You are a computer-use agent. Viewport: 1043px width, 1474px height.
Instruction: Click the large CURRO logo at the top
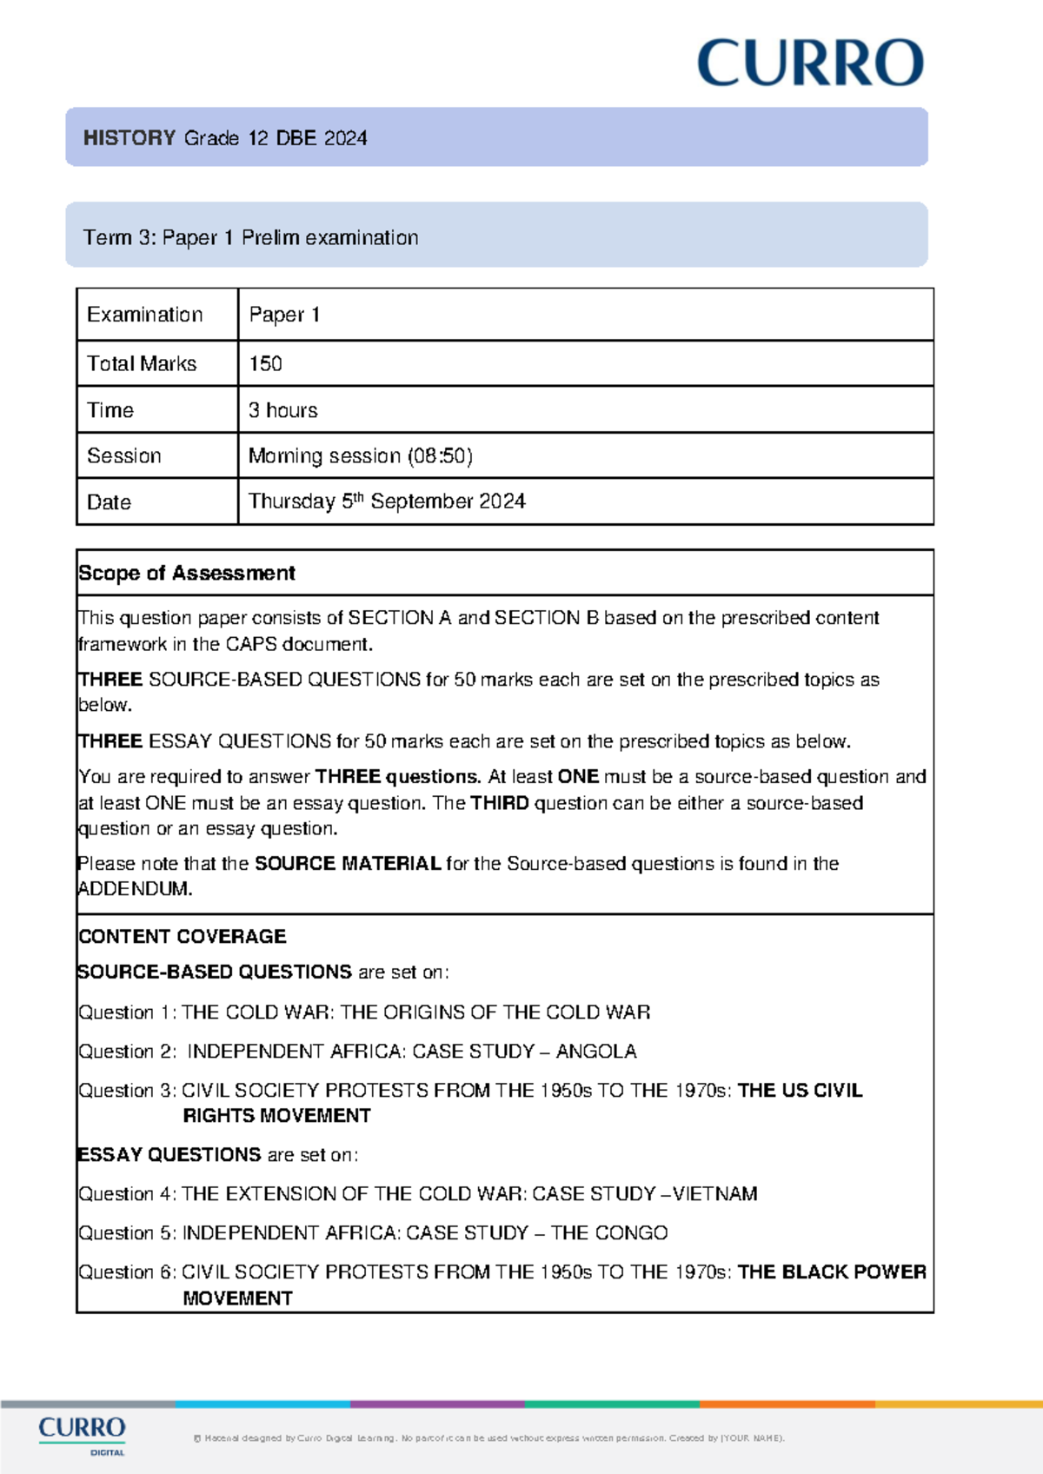pyautogui.click(x=810, y=63)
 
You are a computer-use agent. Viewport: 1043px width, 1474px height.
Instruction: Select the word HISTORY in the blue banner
pyautogui.click(x=130, y=138)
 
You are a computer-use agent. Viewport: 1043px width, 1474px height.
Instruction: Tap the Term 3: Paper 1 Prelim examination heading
pyautogui.click(x=250, y=237)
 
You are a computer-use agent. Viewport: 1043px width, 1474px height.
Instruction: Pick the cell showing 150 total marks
pyautogui.click(x=265, y=363)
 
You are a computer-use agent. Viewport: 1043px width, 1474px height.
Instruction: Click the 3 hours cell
pyautogui.click(x=282, y=410)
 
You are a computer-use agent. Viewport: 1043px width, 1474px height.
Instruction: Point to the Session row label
pyautogui.click(x=124, y=455)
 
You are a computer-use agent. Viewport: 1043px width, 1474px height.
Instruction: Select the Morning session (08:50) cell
pyautogui.click(x=360, y=455)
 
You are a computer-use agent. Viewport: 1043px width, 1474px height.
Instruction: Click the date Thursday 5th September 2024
pyautogui.click(x=387, y=501)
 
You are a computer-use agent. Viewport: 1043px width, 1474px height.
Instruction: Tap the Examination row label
pyautogui.click(x=144, y=315)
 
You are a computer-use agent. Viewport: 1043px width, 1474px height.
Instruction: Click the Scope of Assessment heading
pyautogui.click(x=187, y=573)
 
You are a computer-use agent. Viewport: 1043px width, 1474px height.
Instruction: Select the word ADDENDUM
pyautogui.click(x=134, y=888)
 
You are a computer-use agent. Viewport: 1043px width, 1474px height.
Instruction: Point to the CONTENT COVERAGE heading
pyautogui.click(x=182, y=936)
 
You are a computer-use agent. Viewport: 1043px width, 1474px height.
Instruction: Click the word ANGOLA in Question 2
pyautogui.click(x=596, y=1051)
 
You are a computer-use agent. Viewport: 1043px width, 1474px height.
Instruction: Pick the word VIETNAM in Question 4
pyautogui.click(x=714, y=1193)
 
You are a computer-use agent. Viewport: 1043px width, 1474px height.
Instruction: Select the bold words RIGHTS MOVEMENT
pyautogui.click(x=276, y=1115)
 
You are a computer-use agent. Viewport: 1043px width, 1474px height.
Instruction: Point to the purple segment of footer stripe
pyautogui.click(x=437, y=1404)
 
